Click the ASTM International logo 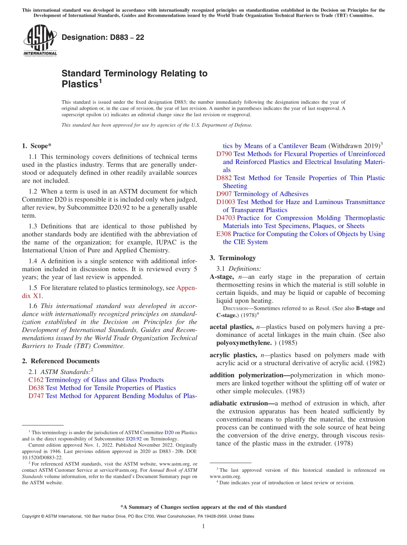tap(40, 41)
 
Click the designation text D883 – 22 tap(103, 37)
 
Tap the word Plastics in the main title tap(80, 84)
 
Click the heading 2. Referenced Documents tap(61, 361)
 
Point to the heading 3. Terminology tap(233, 258)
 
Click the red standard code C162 tap(36, 380)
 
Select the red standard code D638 tap(36, 388)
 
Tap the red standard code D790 tap(224, 154)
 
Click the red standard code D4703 tap(226, 218)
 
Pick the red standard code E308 tap(224, 234)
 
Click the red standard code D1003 tap(226, 202)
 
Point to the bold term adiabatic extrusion tap(242, 403)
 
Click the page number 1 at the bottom tap(203, 526)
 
